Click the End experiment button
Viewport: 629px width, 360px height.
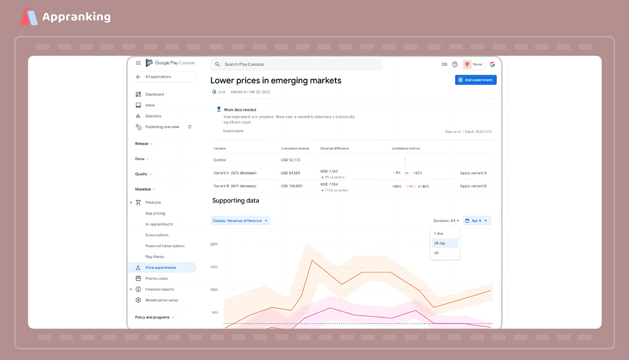(x=476, y=80)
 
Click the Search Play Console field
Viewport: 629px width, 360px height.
(x=296, y=65)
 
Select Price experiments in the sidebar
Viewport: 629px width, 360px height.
(x=161, y=268)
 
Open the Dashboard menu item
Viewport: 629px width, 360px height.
(x=154, y=94)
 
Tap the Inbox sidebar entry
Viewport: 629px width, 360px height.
(x=150, y=105)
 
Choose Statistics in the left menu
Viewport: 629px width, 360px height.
(x=153, y=116)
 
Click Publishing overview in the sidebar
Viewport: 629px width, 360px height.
(x=162, y=127)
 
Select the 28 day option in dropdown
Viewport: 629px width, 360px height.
(x=440, y=243)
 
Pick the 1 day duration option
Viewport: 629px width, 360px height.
(x=439, y=234)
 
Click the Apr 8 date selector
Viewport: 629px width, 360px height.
(x=477, y=221)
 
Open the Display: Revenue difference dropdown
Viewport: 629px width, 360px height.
(x=241, y=221)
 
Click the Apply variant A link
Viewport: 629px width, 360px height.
(x=473, y=173)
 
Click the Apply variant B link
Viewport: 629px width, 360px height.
(x=473, y=186)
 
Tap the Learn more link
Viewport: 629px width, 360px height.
(x=233, y=131)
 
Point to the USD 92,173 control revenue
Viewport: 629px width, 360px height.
(x=290, y=160)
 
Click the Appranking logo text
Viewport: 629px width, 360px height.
(x=76, y=17)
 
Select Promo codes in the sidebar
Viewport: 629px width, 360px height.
(x=156, y=278)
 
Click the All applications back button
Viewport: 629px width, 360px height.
(x=158, y=77)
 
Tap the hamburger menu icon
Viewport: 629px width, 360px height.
(x=138, y=63)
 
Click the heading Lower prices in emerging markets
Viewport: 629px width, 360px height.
(x=276, y=81)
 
